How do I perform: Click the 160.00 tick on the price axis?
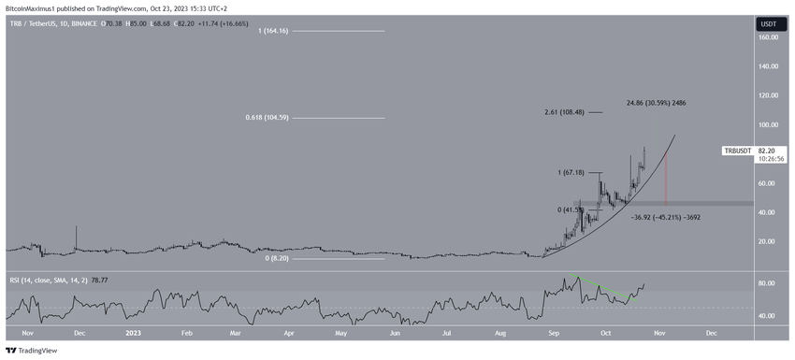tap(769, 37)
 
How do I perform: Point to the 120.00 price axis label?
tap(769, 95)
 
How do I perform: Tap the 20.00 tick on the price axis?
tap(769, 241)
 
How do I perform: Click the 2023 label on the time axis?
tap(133, 333)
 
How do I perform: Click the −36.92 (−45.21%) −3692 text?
tap(666, 217)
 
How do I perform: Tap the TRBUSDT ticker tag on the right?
tap(743, 151)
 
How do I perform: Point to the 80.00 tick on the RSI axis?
tap(769, 283)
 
